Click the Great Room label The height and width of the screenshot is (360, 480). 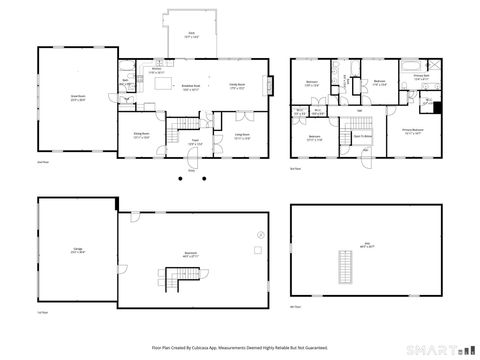click(x=76, y=98)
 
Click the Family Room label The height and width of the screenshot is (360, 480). click(x=238, y=87)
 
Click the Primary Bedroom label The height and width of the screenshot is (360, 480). click(x=412, y=130)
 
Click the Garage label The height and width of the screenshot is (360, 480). click(x=77, y=251)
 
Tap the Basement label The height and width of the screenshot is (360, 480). click(x=195, y=253)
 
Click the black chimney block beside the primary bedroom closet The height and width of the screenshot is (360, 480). click(x=437, y=102)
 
